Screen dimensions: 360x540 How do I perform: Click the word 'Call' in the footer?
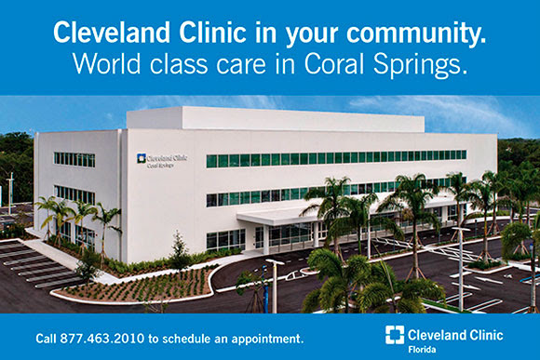pyautogui.click(x=47, y=337)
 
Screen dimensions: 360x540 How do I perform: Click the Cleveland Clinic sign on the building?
pyautogui.click(x=161, y=161)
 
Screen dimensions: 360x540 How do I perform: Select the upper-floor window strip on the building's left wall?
pyautogui.click(x=74, y=159)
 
